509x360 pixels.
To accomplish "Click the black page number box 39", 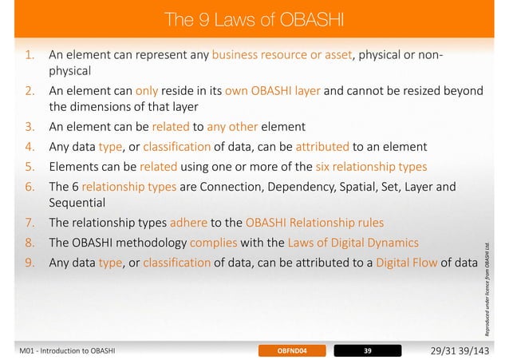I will pos(367,350).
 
